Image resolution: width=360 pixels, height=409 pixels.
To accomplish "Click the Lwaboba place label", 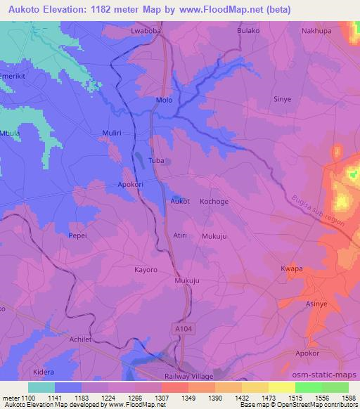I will tap(147, 31).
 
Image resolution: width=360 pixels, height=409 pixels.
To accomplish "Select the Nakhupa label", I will tap(315, 31).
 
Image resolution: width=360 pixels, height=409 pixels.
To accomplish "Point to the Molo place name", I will tap(163, 100).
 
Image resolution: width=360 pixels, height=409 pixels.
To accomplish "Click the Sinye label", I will tap(282, 100).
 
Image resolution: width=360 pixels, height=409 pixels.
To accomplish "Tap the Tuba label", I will tap(156, 161).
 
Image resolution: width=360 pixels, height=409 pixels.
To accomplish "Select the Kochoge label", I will tap(214, 201).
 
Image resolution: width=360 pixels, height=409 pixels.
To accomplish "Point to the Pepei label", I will tap(78, 235).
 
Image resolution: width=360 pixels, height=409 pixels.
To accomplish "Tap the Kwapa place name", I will tap(291, 268).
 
